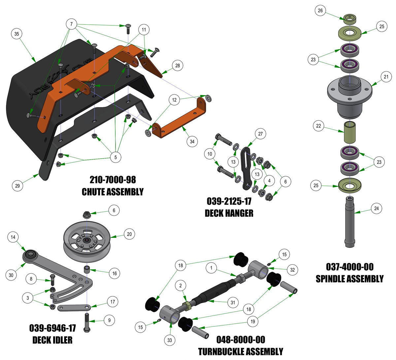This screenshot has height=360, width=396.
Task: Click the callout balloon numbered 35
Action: pyautogui.click(x=16, y=34)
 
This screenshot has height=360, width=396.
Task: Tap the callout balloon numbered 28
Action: pyautogui.click(x=178, y=66)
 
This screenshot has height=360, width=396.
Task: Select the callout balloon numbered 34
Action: pyautogui.click(x=192, y=141)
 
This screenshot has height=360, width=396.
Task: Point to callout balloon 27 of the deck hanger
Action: pyautogui.click(x=260, y=134)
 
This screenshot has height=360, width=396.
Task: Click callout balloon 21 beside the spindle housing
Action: pyautogui.click(x=386, y=77)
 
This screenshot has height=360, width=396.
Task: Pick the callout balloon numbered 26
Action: pyautogui.click(x=320, y=11)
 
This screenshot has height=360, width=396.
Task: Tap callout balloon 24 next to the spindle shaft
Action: pyautogui.click(x=376, y=208)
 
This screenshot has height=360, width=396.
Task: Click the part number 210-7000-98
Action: pyautogui.click(x=113, y=180)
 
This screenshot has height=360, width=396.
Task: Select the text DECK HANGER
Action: pyautogui.click(x=229, y=213)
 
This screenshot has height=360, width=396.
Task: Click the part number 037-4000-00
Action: pyautogui.click(x=349, y=267)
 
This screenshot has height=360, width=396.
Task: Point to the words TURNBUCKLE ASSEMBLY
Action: pyautogui.click(x=241, y=352)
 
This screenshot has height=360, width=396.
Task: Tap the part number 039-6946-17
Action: pyautogui.click(x=52, y=328)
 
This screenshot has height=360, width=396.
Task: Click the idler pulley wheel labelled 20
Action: pyautogui.click(x=87, y=241)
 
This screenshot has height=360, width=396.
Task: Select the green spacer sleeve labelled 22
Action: pyautogui.click(x=349, y=132)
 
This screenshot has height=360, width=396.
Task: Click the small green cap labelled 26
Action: pyautogui.click(x=349, y=18)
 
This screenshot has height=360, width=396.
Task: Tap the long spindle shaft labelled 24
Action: pyautogui.click(x=349, y=222)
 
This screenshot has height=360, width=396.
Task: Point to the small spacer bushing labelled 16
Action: pyautogui.click(x=87, y=269)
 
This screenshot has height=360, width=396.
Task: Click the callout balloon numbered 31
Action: pyautogui.click(x=233, y=302)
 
